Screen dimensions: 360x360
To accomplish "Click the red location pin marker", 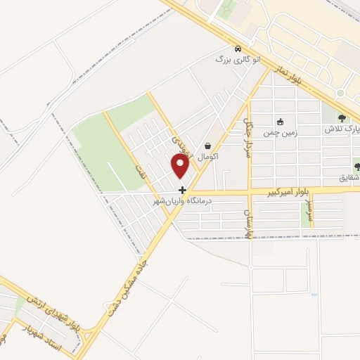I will tap(181, 166).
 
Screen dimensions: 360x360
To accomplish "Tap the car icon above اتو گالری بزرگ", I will tap(238, 49).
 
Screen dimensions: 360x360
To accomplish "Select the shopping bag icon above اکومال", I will tap(208, 146).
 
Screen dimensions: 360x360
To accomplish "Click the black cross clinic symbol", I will tap(182, 190).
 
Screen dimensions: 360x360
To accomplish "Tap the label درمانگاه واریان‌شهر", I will tap(187, 201).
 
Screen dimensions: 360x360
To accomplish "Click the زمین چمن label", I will tap(281, 132).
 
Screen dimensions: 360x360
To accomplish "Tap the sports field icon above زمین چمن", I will tap(281, 122).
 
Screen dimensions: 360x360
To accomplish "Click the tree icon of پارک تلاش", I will tap(342, 118).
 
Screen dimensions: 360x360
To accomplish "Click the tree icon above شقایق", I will tap(357, 167).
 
